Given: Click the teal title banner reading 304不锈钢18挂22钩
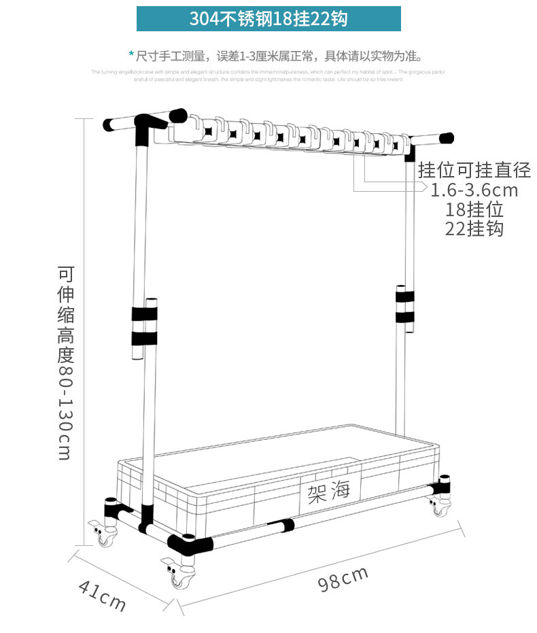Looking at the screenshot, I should coord(268,18).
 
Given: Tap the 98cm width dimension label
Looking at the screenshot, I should coord(343,579).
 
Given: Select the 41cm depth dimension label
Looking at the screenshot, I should coord(102,594).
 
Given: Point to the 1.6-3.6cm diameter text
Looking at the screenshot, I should coord(474,190).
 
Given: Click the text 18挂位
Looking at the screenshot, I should coord(474,209).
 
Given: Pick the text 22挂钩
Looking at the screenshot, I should coord(474,228).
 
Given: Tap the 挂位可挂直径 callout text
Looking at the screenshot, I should coord(474,169).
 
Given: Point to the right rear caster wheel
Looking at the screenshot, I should coord(440,509).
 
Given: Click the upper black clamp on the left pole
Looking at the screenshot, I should coord(144,314).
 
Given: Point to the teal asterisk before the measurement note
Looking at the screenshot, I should coord(131,54).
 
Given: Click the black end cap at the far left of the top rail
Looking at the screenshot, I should coord(108,125).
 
